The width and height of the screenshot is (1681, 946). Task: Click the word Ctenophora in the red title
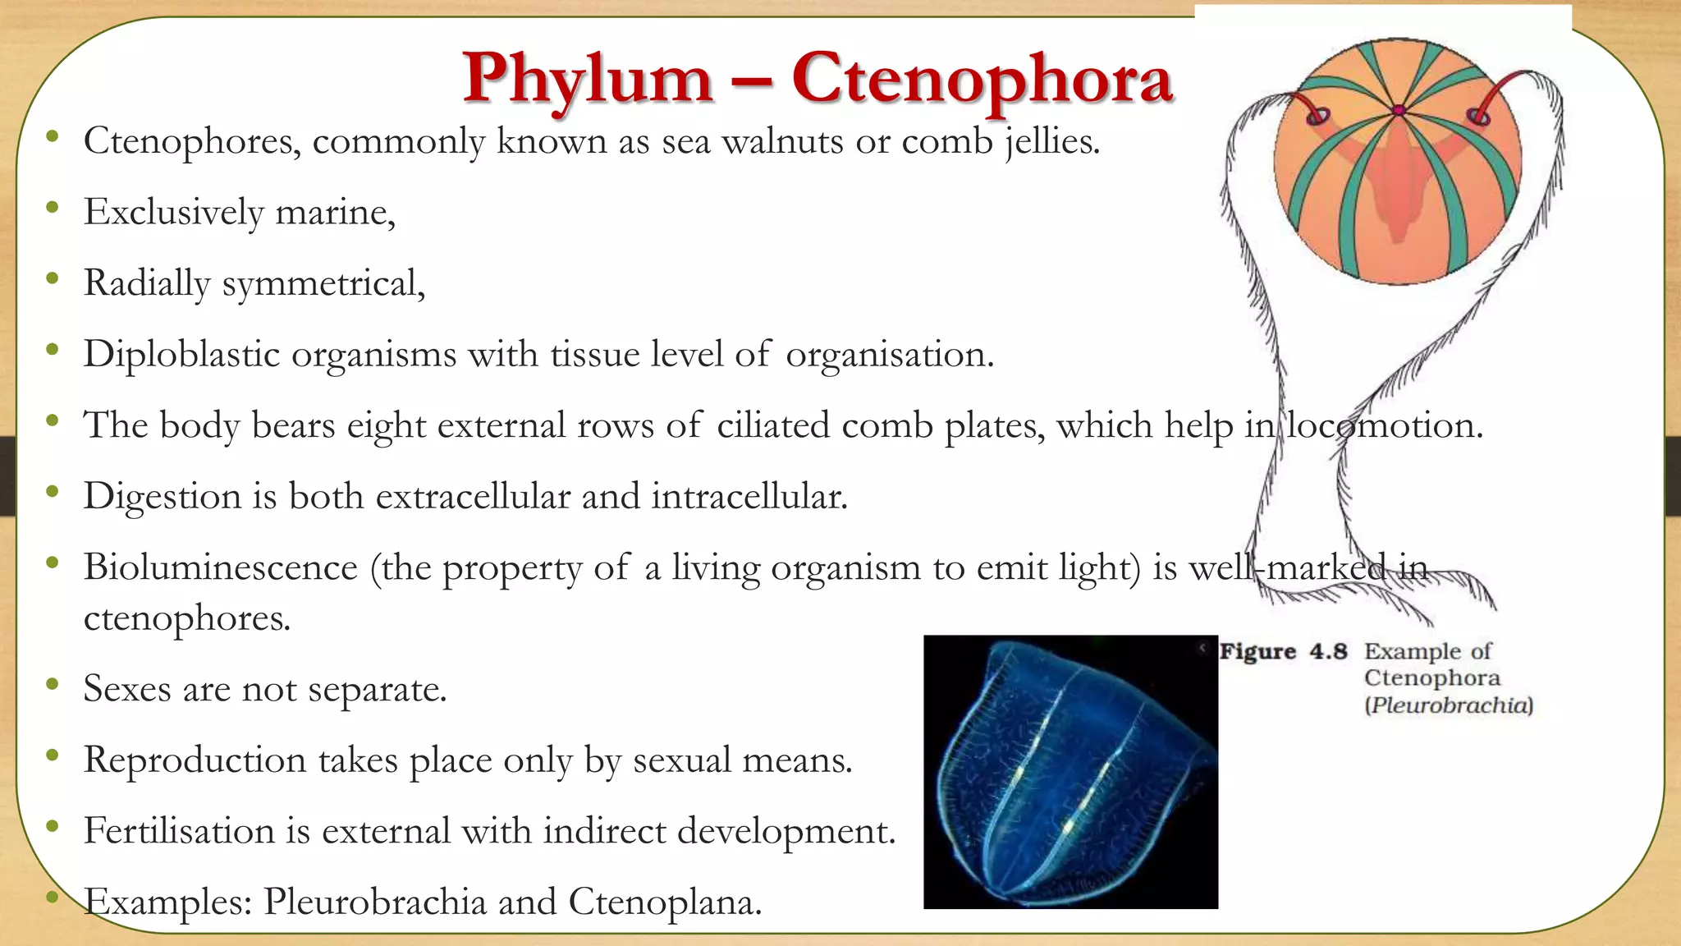[x=982, y=79]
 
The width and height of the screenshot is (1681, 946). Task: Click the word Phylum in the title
[x=588, y=80]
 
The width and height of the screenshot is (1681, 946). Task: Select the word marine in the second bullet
[x=335, y=213]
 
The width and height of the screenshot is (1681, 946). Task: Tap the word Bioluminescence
[x=221, y=567]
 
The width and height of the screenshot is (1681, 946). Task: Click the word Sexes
[x=127, y=688]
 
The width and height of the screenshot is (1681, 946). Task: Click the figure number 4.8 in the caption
[x=1328, y=651]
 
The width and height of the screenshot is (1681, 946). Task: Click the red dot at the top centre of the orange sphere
[x=1399, y=110]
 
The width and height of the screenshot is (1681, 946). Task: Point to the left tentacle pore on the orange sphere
[x=1317, y=116]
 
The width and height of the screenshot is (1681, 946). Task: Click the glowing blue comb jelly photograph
[x=1070, y=772]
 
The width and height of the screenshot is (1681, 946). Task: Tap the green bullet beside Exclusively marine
[x=53, y=208]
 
